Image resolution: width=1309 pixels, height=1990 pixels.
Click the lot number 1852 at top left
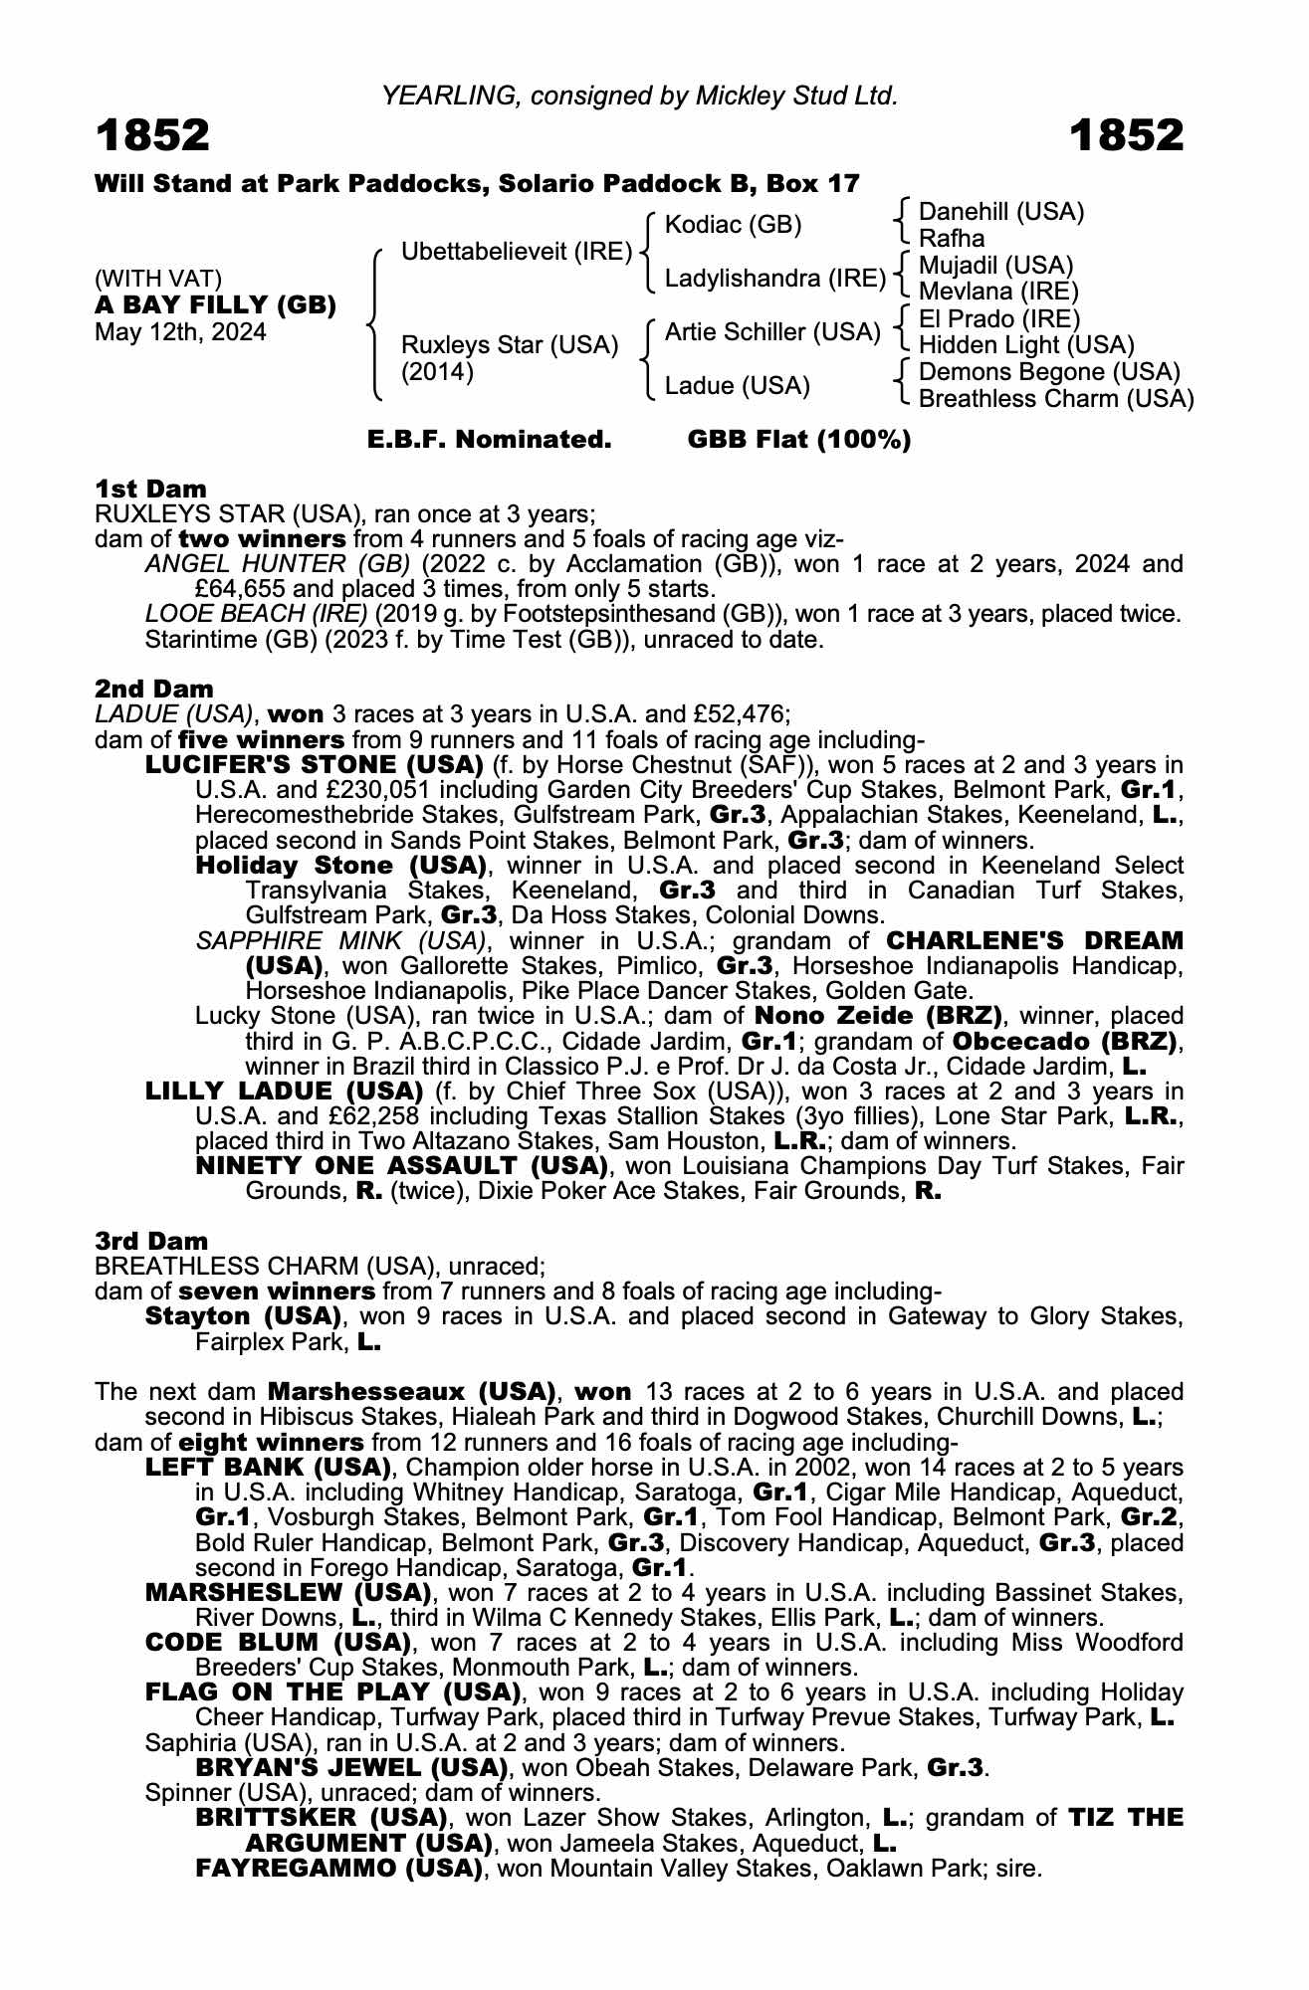pyautogui.click(x=152, y=135)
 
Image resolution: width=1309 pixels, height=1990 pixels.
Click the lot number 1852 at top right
pyautogui.click(x=1127, y=135)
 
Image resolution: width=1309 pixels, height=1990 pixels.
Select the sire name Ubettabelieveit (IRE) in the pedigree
pyautogui.click(x=517, y=252)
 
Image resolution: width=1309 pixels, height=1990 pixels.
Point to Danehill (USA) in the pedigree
pyautogui.click(x=1000, y=212)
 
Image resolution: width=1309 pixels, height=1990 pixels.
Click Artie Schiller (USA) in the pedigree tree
pyautogui.click(x=772, y=332)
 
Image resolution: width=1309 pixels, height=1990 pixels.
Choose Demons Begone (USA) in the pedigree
pyautogui.click(x=1049, y=372)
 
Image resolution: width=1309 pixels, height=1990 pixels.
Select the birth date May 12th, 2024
pyautogui.click(x=180, y=332)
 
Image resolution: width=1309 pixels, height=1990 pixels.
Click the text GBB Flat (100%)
pyautogui.click(x=799, y=440)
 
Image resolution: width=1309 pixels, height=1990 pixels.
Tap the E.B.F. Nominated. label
pyautogui.click(x=489, y=440)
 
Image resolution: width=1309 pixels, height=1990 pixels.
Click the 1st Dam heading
pyautogui.click(x=150, y=489)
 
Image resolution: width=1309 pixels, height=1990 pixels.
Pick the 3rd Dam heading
pyautogui.click(x=151, y=1241)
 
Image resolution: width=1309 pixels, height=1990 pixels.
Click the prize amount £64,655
pyautogui.click(x=236, y=589)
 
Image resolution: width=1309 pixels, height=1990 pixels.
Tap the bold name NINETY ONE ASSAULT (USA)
pyautogui.click(x=402, y=1165)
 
